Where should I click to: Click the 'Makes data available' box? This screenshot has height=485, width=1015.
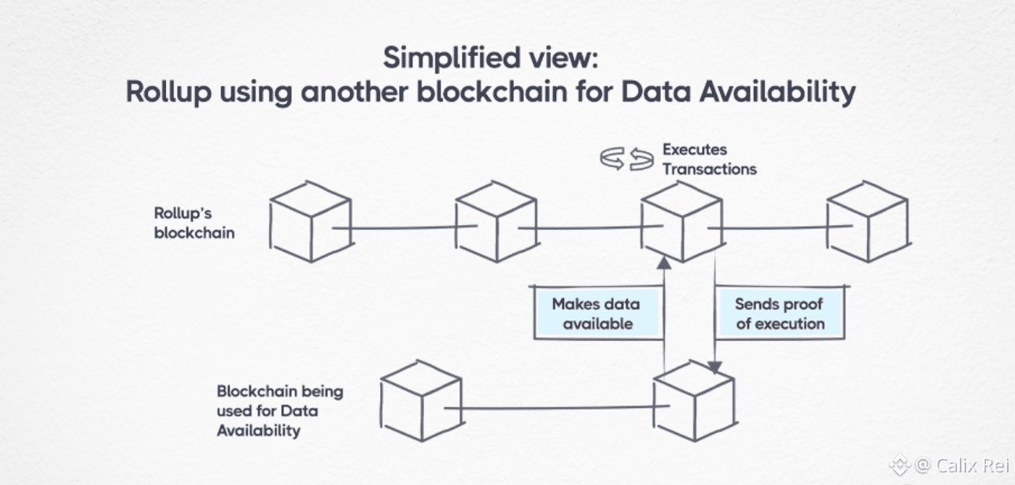coord(596,313)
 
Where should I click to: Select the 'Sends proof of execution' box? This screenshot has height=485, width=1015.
coord(779,313)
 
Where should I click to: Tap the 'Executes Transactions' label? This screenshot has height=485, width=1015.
coord(708,159)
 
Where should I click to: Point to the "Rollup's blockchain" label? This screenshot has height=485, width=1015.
coord(194,223)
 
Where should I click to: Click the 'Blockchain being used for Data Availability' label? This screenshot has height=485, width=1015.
coord(279,411)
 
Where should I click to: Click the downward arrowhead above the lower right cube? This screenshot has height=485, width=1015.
coord(714,367)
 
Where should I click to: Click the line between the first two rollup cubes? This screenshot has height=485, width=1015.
coord(403,229)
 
